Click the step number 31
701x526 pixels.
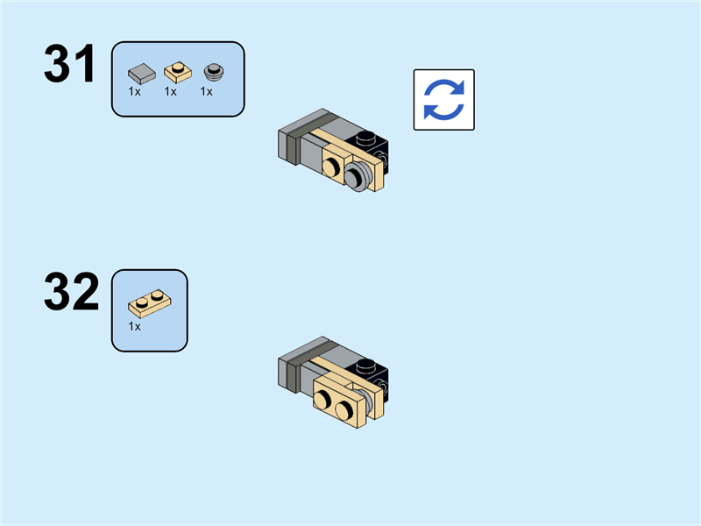70,65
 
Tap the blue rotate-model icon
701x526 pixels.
443,100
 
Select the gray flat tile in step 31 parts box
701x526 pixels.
140,71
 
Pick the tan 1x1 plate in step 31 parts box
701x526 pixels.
175,71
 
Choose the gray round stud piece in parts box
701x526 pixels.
211,71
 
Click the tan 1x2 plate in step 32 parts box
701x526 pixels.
148,303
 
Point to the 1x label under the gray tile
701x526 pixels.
135,91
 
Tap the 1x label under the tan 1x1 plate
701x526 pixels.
170,91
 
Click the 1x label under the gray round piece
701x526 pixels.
207,91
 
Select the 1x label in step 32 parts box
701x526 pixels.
135,326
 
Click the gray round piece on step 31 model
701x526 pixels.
358,175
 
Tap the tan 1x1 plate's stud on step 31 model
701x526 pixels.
334,165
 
